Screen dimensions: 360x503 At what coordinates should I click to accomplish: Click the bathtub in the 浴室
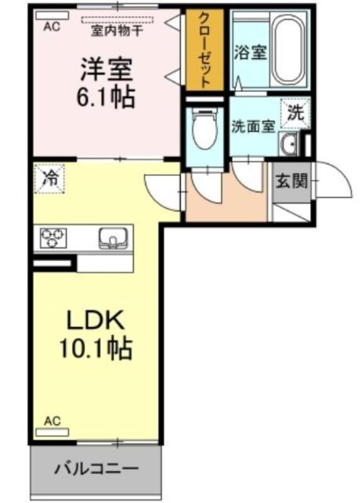tap(288, 49)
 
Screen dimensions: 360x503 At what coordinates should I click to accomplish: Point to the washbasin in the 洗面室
tap(288, 144)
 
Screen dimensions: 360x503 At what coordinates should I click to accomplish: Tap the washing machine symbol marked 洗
tap(295, 113)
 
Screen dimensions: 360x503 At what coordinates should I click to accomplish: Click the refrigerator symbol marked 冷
tap(50, 179)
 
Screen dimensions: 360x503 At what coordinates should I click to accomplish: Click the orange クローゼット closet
tap(205, 50)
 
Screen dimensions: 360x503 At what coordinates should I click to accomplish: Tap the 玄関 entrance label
tap(291, 182)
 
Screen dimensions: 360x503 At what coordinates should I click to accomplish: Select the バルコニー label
tap(96, 469)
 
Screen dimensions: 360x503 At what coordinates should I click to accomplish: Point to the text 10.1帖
tap(96, 348)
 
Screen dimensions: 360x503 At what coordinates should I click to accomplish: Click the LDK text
tap(96, 320)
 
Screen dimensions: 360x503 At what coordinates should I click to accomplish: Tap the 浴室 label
tap(250, 52)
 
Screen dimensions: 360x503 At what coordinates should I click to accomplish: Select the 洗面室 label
tap(254, 127)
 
